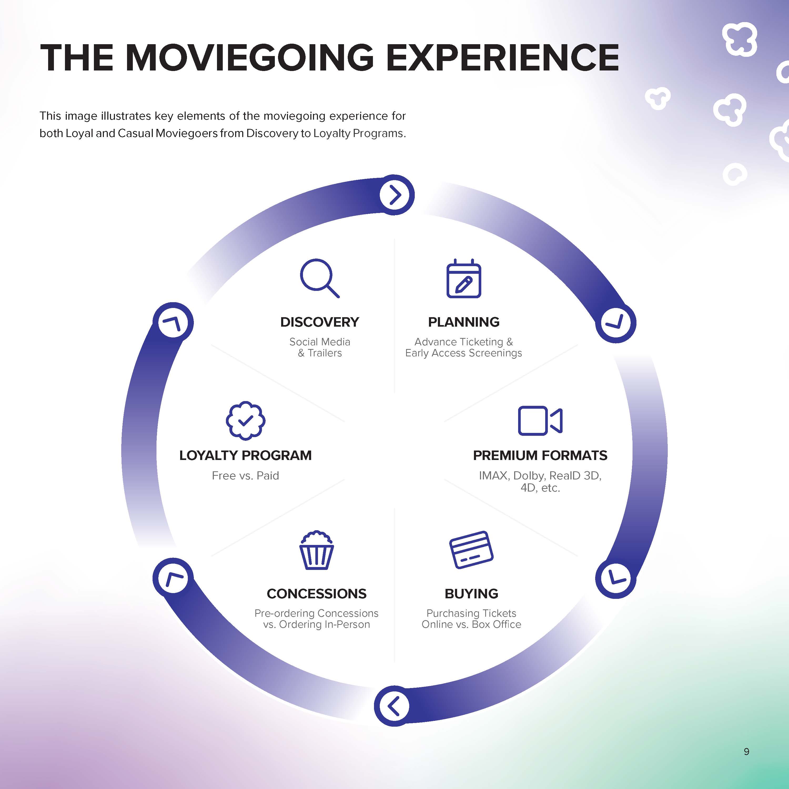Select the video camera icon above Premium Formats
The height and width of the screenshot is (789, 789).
[x=540, y=421]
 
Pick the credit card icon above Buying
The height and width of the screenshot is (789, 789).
[x=471, y=550]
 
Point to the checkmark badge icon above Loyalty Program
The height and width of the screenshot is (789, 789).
[x=245, y=421]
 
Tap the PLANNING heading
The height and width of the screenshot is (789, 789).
[x=463, y=322]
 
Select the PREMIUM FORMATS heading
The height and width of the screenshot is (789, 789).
[x=540, y=455]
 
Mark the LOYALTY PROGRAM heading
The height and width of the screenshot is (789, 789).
[x=245, y=455]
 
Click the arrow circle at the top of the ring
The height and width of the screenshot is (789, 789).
[x=394, y=195]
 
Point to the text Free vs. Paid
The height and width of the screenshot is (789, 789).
[x=245, y=476]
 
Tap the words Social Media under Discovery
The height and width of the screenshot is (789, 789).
[x=320, y=342]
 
